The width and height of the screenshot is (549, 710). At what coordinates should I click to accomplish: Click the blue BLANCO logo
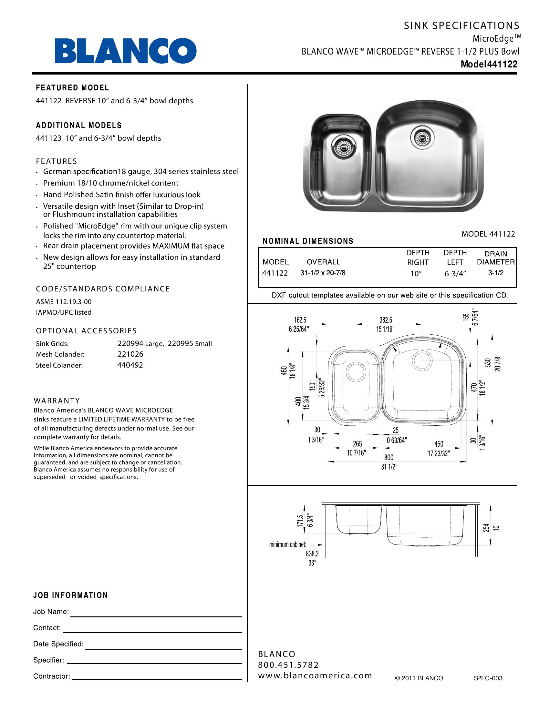click(126, 51)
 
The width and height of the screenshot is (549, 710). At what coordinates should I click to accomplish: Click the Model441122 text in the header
click(489, 64)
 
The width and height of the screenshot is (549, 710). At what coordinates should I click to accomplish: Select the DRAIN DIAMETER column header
click(496, 258)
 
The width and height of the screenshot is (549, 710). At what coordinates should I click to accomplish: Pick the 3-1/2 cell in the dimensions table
click(496, 273)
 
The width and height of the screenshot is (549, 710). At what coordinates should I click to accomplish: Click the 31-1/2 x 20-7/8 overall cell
click(323, 273)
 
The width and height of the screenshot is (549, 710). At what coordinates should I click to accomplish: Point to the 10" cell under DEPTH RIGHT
click(416, 274)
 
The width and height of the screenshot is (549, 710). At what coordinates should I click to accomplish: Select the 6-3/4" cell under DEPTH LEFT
click(455, 274)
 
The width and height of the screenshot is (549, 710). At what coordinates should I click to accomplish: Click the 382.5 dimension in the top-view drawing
click(386, 320)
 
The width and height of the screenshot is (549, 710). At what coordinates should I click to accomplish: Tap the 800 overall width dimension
click(388, 458)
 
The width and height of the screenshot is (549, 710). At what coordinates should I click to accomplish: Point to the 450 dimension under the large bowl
click(439, 444)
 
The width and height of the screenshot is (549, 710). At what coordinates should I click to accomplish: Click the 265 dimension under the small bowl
click(357, 444)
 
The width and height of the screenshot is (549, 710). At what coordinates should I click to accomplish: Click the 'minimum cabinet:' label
click(287, 544)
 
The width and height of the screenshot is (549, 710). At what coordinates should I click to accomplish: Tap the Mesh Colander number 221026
click(130, 354)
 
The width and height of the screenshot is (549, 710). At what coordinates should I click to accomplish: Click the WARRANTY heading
click(57, 401)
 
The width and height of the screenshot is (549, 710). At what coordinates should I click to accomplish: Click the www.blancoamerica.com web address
click(315, 675)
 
